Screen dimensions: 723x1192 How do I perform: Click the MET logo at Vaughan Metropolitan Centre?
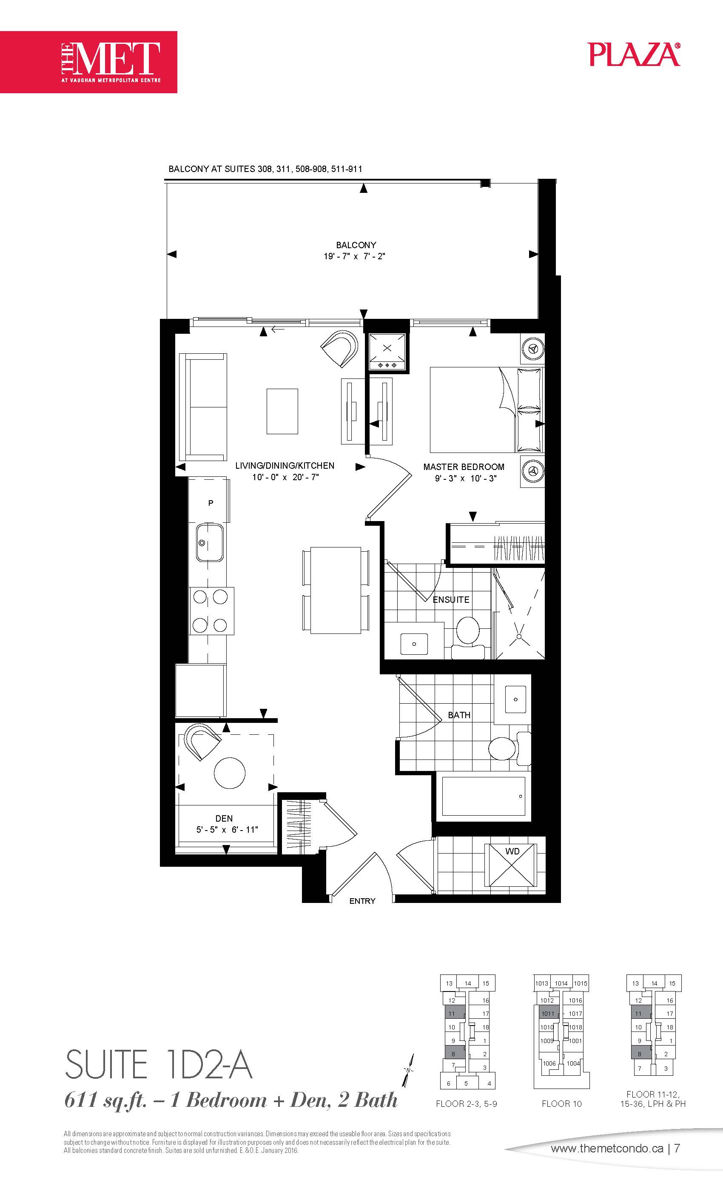point(88,62)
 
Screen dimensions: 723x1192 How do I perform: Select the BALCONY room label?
point(356,245)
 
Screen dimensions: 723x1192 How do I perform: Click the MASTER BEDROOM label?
point(464,467)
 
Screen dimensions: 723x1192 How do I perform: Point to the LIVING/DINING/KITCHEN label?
point(285,465)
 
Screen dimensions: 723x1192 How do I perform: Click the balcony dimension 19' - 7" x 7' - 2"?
point(354,256)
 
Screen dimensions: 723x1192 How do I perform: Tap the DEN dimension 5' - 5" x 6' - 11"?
point(227,830)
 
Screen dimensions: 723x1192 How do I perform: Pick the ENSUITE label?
point(451,599)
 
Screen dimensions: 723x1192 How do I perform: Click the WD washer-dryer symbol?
point(512,865)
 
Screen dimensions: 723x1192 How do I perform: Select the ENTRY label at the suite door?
point(362,901)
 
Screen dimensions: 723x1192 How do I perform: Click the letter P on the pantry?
point(211,503)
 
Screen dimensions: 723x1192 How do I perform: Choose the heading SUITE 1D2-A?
point(159,1064)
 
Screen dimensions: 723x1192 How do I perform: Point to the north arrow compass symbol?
point(409,1069)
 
